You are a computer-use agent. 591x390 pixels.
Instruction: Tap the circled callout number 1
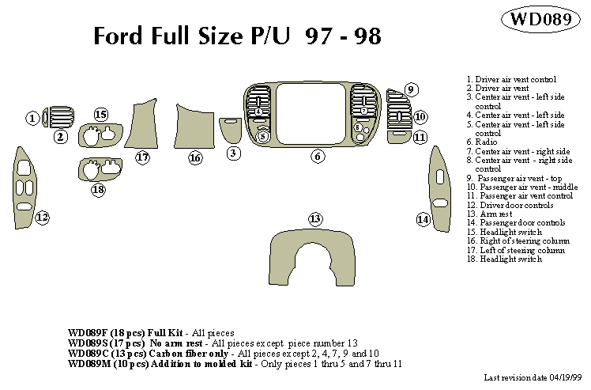(x=32, y=119)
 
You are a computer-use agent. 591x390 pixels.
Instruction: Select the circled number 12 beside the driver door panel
(x=42, y=217)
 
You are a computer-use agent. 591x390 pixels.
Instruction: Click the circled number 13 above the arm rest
(x=315, y=218)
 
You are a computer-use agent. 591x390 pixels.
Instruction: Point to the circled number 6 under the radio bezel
(x=317, y=157)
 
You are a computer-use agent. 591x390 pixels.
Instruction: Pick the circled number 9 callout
(x=412, y=89)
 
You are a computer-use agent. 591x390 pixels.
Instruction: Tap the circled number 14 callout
(x=423, y=218)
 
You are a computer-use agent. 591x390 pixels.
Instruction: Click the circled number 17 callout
(x=142, y=157)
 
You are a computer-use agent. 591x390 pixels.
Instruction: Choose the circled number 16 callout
(x=195, y=158)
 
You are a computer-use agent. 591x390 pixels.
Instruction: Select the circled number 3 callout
(x=233, y=153)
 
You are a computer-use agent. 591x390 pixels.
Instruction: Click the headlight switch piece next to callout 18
(x=100, y=170)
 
